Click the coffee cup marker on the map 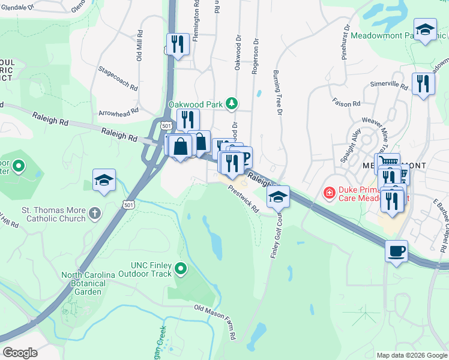click(x=396, y=251)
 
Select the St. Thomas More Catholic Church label click(x=53, y=214)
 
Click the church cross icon click(x=95, y=213)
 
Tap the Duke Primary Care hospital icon click(x=329, y=193)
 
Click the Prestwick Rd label click(x=243, y=199)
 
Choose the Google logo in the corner click(x=20, y=352)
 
